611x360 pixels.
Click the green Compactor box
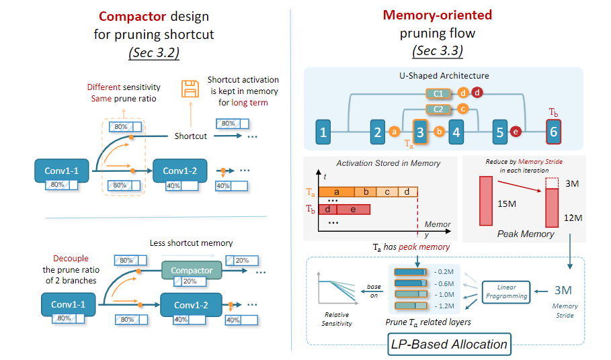click(x=192, y=271)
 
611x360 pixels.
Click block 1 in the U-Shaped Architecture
click(x=323, y=132)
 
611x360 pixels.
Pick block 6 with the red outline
click(x=553, y=132)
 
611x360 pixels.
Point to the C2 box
click(x=438, y=109)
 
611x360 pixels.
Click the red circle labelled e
click(x=516, y=132)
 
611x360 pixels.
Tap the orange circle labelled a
click(x=395, y=132)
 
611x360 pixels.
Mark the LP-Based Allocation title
click(x=449, y=344)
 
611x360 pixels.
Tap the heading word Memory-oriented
click(x=437, y=15)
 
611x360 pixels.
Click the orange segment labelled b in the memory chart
click(x=366, y=192)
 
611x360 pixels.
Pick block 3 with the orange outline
click(x=419, y=132)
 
